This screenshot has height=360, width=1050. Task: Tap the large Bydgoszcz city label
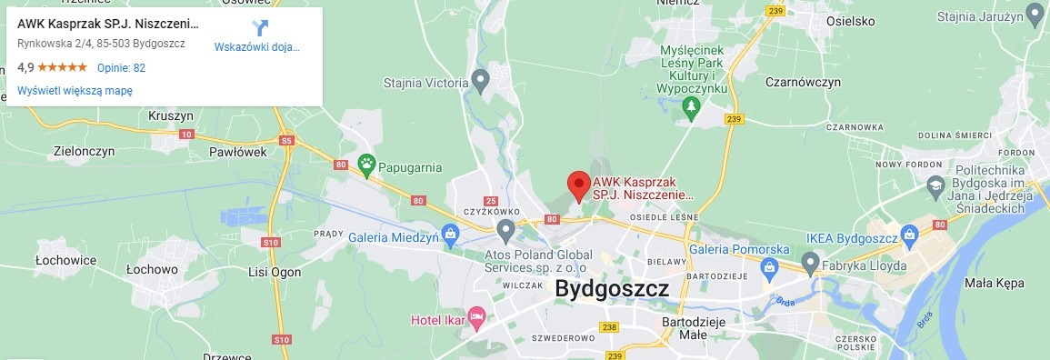[612, 289]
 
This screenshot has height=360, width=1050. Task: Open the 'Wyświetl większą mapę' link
[75, 90]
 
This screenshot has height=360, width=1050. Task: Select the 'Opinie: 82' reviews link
[121, 67]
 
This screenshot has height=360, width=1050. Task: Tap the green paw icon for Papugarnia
[366, 164]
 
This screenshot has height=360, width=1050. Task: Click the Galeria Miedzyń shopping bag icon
[449, 234]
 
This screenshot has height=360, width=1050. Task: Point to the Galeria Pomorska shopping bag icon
[769, 267]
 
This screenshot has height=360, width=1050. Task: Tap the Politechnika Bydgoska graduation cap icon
[935, 186]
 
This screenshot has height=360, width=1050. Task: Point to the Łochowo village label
[152, 270]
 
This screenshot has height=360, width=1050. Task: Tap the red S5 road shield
[287, 141]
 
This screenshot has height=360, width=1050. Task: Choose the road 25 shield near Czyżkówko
[491, 201]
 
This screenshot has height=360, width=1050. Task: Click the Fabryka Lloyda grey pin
[811, 263]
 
